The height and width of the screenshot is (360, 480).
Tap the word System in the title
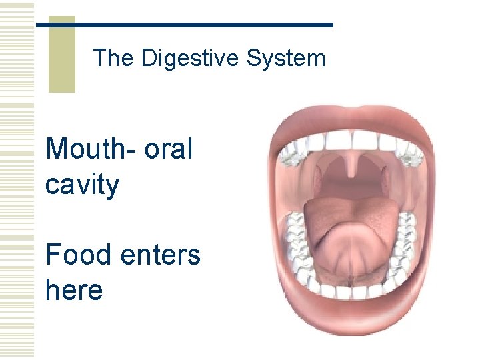[x=286, y=59]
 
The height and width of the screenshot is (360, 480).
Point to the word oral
[x=168, y=149]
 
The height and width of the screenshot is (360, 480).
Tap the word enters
[x=162, y=255]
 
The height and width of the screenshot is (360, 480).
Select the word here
[x=74, y=290]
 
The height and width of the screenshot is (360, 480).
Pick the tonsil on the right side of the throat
[x=385, y=179]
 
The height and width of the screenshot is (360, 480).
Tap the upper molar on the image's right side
[x=411, y=155]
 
